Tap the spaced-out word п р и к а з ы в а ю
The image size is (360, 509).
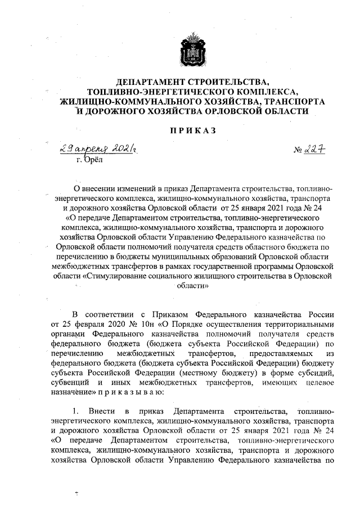[x=127, y=391]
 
